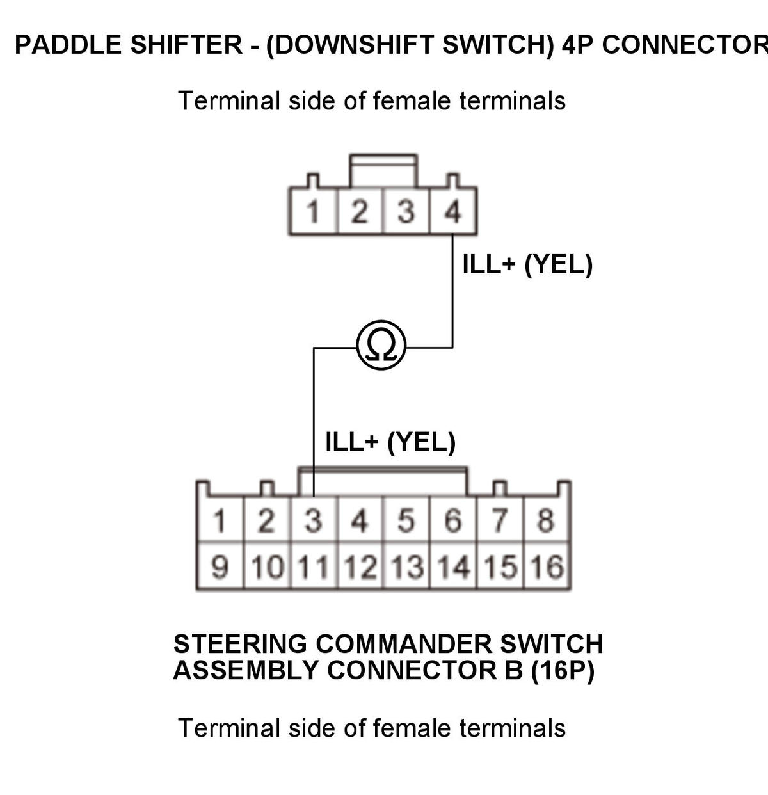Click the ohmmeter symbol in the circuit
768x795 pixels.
381,345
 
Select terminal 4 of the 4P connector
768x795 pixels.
453,211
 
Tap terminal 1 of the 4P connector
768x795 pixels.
314,211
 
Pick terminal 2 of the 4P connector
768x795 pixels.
360,211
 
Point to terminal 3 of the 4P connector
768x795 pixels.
406,211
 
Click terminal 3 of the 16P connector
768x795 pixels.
314,520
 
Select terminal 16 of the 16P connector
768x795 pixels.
547,566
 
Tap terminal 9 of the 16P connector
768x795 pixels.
220,566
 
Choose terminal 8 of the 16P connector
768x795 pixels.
547,520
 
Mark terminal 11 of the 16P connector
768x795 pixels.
314,566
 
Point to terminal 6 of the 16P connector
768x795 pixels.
453,520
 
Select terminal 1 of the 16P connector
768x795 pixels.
220,520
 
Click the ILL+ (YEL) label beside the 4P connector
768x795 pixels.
527,264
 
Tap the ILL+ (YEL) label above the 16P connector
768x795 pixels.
390,442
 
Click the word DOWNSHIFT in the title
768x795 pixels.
351,45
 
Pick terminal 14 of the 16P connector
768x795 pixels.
453,566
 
